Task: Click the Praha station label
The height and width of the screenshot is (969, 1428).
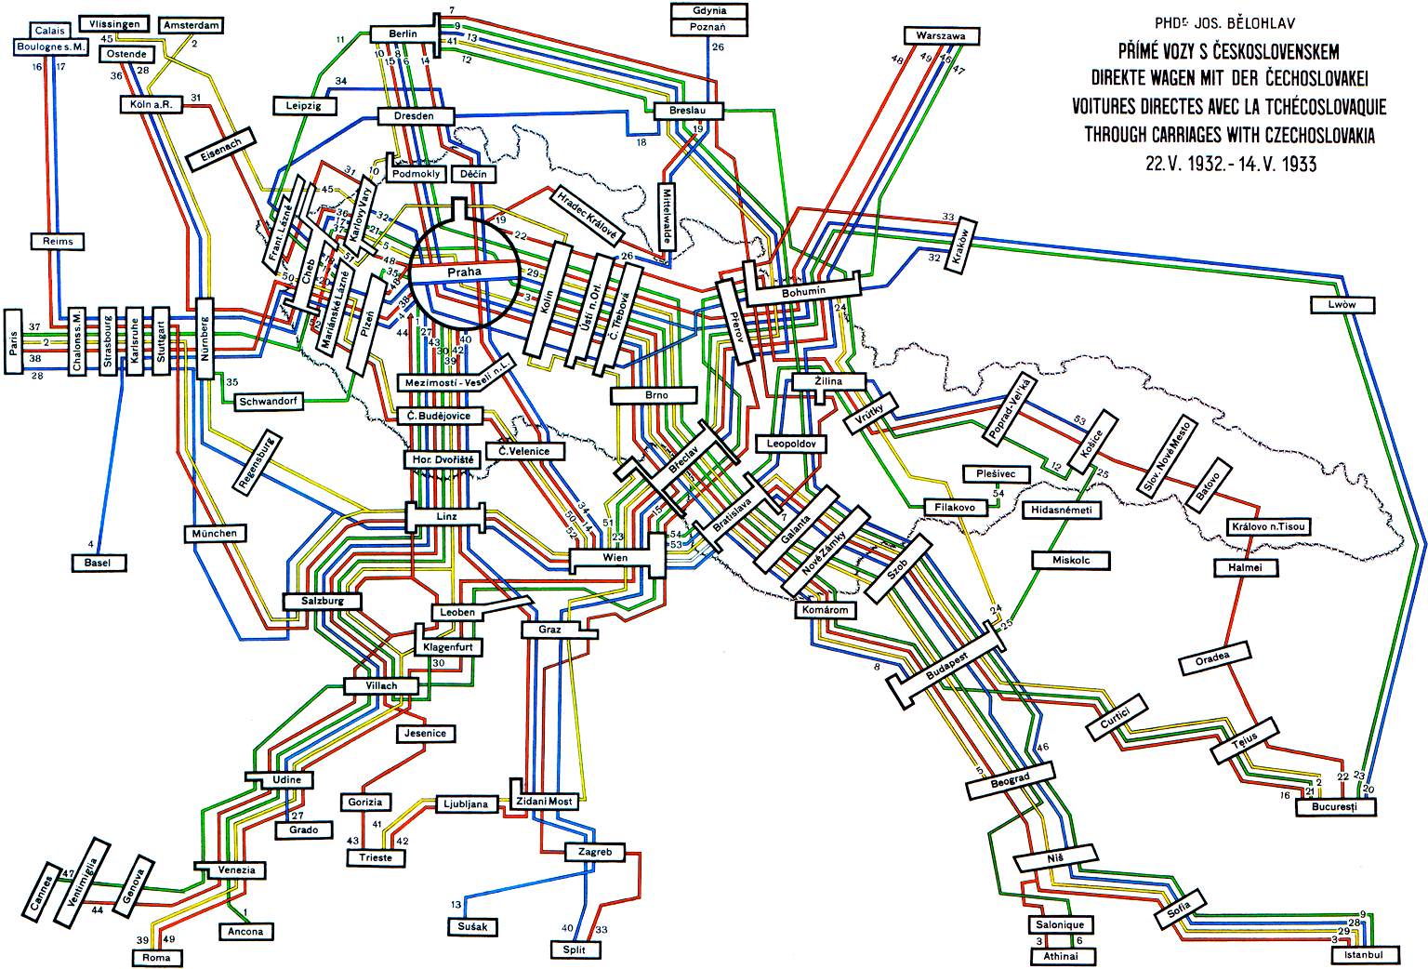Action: coord(464,272)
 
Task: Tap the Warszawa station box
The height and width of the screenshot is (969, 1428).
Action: coord(941,35)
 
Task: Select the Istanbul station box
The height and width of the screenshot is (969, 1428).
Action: coord(1363,954)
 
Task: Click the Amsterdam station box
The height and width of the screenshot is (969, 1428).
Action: coord(192,25)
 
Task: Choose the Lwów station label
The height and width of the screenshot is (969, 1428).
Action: coord(1342,304)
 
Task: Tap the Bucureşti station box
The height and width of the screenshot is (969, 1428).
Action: coord(1335,806)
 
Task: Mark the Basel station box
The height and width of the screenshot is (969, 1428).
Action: coord(98,563)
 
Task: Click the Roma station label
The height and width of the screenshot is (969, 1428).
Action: coord(156,957)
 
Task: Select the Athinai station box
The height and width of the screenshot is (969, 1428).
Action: coord(1061,956)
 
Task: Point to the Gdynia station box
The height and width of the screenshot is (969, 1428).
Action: coord(709,10)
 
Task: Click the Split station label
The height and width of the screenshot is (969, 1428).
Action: coord(575,949)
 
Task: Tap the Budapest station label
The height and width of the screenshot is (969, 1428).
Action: coord(946,666)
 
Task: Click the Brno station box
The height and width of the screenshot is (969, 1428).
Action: coord(656,395)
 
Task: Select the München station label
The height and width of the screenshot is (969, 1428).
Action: coord(215,533)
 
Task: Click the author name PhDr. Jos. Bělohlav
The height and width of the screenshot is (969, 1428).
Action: coord(1224,22)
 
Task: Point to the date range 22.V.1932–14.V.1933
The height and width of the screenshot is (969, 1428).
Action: coord(1230,164)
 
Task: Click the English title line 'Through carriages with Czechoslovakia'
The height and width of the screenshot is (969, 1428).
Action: coord(1229,135)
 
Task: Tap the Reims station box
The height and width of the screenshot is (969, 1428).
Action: coord(58,241)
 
